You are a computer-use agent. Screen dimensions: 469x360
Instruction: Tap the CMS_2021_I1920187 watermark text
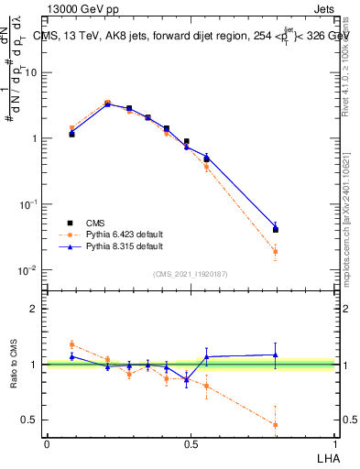tap(191, 273)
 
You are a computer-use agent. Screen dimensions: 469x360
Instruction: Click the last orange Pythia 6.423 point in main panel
tap(276, 252)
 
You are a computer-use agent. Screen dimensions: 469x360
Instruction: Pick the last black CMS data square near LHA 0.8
tap(276, 230)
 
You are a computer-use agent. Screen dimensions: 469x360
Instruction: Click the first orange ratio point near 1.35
tap(71, 344)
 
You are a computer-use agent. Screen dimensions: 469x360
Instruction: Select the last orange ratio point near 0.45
tap(276, 424)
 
